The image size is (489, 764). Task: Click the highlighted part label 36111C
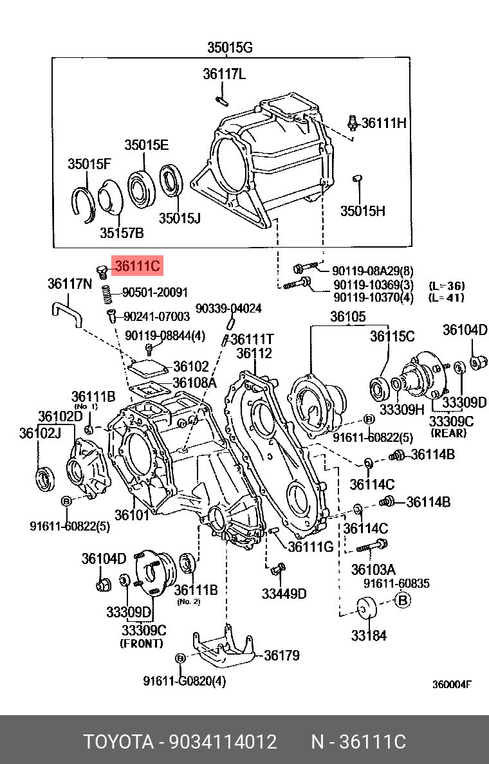click(137, 266)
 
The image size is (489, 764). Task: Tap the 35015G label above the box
click(230, 47)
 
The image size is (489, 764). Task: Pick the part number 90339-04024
click(228, 308)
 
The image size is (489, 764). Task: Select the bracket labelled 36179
click(223, 650)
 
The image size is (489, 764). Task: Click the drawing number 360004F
click(452, 684)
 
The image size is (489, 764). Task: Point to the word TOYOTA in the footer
click(118, 742)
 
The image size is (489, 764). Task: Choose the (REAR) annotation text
click(448, 433)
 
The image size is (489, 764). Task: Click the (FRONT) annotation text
click(142, 643)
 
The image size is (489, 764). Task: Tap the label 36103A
click(373, 569)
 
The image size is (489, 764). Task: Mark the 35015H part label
click(362, 210)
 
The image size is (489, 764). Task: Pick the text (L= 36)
click(447, 286)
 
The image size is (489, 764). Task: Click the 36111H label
click(383, 122)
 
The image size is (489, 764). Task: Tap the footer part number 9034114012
click(223, 742)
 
